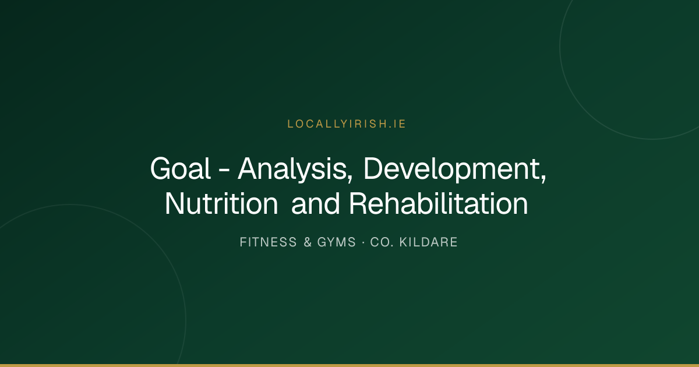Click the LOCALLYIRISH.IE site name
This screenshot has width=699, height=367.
[x=347, y=124]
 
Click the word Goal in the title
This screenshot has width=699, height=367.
[x=181, y=168]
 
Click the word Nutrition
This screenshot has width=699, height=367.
[x=221, y=204]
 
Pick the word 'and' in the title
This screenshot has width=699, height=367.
[x=315, y=204]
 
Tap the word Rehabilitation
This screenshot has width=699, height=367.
[x=439, y=204]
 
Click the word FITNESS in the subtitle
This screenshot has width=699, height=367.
[x=268, y=242]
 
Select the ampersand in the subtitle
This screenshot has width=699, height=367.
[x=308, y=242]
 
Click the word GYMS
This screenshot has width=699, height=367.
[x=337, y=242]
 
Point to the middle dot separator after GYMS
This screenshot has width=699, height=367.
[x=363, y=242]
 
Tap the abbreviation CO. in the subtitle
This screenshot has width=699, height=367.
[x=382, y=242]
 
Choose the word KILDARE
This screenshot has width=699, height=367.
[x=429, y=242]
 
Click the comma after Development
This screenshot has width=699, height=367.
[x=543, y=178]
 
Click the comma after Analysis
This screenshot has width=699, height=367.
[x=351, y=178]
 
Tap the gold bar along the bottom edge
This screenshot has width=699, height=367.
[x=349, y=365]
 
